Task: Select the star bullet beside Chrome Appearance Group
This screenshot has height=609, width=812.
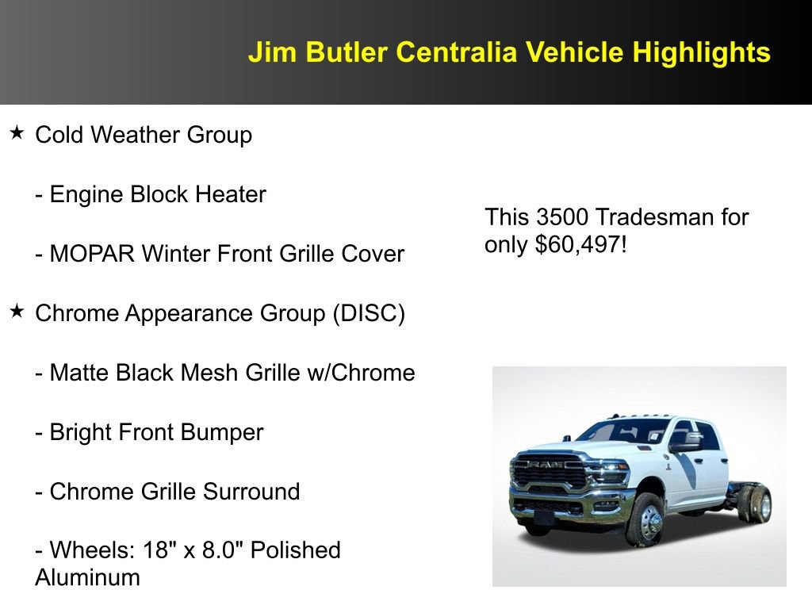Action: point(17,312)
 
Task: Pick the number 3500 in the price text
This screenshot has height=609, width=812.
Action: point(563,217)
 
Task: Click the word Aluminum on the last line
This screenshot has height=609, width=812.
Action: point(87,577)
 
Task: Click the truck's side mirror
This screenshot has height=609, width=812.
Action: point(684,446)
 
